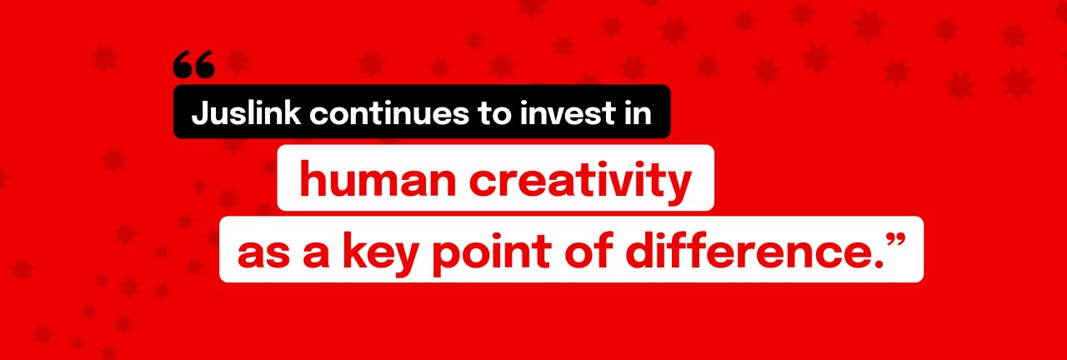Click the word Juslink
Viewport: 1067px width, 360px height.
(x=246, y=113)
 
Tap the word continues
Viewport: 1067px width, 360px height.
(x=389, y=114)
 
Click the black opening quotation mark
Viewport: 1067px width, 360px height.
(x=194, y=64)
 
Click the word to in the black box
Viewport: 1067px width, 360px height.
(x=494, y=114)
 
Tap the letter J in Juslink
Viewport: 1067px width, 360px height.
(x=199, y=113)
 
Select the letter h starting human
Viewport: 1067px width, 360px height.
(x=313, y=179)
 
